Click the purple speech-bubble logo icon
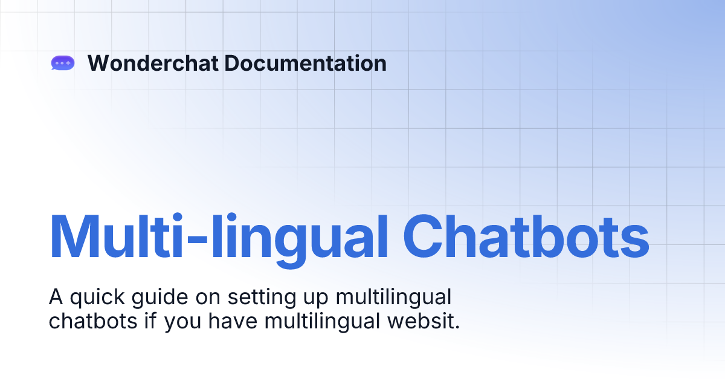63,63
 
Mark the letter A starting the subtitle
56,298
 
